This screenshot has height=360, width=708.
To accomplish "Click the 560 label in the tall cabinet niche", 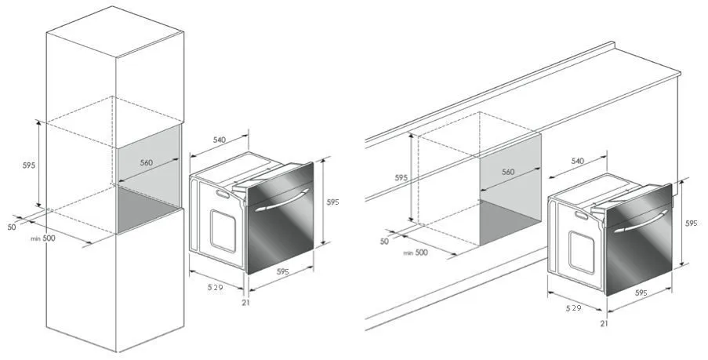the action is pyautogui.click(x=147, y=162).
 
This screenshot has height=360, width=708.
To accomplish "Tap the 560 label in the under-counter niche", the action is pyautogui.click(x=508, y=172).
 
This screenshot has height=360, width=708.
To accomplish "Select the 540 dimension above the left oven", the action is pyautogui.click(x=219, y=140).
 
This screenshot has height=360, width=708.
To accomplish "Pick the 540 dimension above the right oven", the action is pyautogui.click(x=578, y=161).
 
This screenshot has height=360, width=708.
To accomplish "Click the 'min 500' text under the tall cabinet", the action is pyautogui.click(x=43, y=238).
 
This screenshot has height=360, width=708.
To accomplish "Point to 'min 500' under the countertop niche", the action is pyautogui.click(x=416, y=253).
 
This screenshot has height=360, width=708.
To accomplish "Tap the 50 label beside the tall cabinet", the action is pyautogui.click(x=11, y=227).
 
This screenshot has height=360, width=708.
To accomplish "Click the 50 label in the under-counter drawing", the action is pyautogui.click(x=384, y=242).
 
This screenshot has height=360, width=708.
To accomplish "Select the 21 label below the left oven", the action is pyautogui.click(x=245, y=303).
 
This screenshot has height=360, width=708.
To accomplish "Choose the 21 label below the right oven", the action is pyautogui.click(x=605, y=323).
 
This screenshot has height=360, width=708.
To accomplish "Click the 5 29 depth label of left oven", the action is pyautogui.click(x=216, y=287).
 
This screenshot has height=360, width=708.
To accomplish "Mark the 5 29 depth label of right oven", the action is pyautogui.click(x=573, y=308).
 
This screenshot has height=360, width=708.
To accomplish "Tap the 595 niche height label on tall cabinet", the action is pyautogui.click(x=29, y=165).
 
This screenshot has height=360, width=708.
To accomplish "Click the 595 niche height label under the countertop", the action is pyautogui.click(x=401, y=178).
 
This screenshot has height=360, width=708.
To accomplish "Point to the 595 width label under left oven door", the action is pyautogui.click(x=283, y=271).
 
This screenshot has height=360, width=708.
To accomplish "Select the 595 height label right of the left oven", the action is pyautogui.click(x=332, y=202).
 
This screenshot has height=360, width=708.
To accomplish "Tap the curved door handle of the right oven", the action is pyautogui.click(x=641, y=221).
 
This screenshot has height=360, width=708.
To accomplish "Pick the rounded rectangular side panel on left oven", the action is pyautogui.click(x=223, y=231).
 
